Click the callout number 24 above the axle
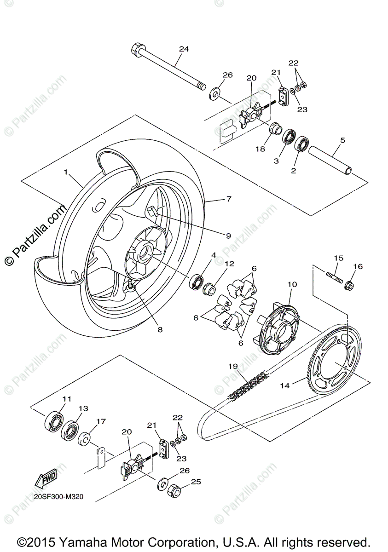[184, 49]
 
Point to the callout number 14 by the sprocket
[285, 385]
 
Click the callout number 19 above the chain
[233, 366]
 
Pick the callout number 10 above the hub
[293, 284]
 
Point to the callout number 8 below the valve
[160, 329]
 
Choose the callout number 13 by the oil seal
[83, 408]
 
